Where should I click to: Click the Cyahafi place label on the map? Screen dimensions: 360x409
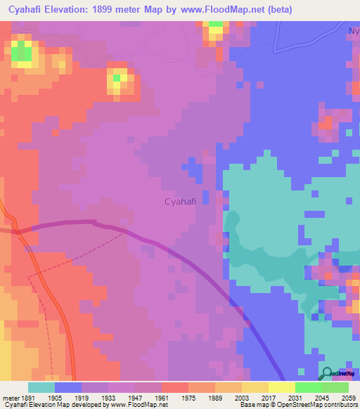click(179, 202)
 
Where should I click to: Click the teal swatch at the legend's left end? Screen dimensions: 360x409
click(41, 387)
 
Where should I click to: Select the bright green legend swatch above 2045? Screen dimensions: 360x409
click(309, 387)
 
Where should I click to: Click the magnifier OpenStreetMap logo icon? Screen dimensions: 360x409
click(327, 374)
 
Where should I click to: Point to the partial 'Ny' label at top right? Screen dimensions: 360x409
click(354, 32)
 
